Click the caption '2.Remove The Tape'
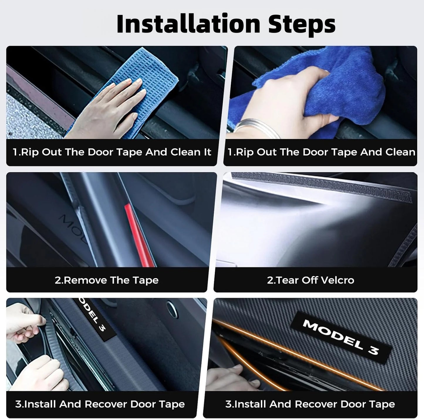tap(107, 280)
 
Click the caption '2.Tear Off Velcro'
tap(310, 280)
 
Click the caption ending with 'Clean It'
tap(112, 152)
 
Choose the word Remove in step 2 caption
tap(85, 280)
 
